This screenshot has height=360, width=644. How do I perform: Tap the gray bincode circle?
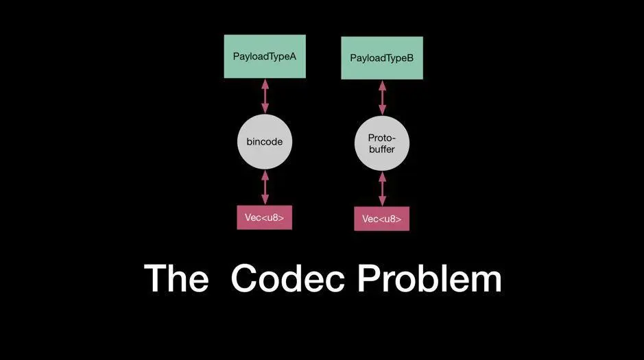point(264,142)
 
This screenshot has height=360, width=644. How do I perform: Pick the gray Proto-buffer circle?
point(382,144)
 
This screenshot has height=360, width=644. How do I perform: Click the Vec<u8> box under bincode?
point(264,217)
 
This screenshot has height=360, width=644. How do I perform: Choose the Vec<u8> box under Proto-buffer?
point(382,219)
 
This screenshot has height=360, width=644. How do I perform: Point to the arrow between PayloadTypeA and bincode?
point(265,96)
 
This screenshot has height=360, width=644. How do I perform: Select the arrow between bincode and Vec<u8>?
point(265,187)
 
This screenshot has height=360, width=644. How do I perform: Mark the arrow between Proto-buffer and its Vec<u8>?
point(383,189)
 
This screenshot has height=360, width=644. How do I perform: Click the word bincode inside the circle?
point(264,142)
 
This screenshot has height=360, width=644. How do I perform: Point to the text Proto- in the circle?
point(382,138)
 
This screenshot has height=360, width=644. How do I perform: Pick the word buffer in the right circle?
point(382,149)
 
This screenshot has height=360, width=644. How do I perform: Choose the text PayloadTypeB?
point(382,58)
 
